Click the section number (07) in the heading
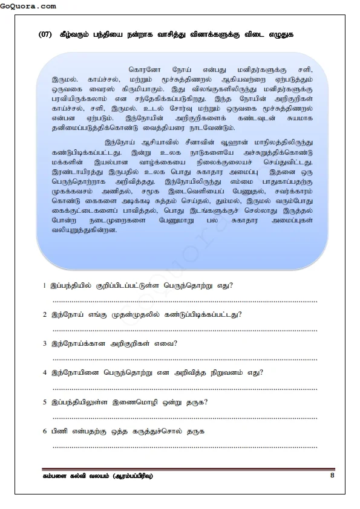[x=45, y=34]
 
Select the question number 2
[x=45, y=314]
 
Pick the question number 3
[x=45, y=343]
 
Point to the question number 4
[x=45, y=372]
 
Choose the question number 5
[x=45, y=402]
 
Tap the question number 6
[x=45, y=432]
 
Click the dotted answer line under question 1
[x=185, y=300]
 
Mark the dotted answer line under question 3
[x=185, y=358]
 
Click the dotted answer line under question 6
[x=185, y=447]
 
